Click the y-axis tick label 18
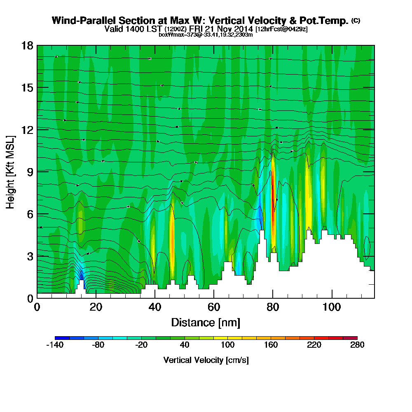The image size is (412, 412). pos(27,45)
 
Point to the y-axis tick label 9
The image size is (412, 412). pos(30,172)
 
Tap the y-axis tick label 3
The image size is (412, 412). pos(30,256)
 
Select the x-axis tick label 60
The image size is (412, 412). pos(213,307)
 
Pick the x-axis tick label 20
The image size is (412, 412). pos(96,307)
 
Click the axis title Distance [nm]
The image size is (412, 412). pos(206,322)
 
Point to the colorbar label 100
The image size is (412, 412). pos(227,345)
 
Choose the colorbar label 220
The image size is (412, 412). pos(314,345)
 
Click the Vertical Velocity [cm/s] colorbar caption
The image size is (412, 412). pos(206,360)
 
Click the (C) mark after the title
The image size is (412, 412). pos(356,21)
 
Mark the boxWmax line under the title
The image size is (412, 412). pos(206,35)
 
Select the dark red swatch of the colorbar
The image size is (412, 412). pos(353,338)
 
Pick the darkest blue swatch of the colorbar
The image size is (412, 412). pos(62,338)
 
